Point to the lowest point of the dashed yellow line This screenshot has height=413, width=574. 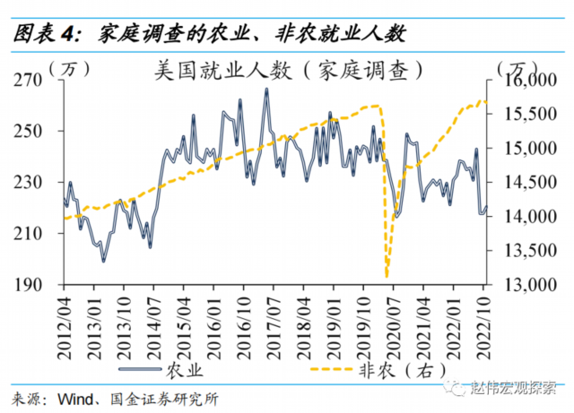tap(387, 277)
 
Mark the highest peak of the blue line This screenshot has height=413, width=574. tap(266, 89)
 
